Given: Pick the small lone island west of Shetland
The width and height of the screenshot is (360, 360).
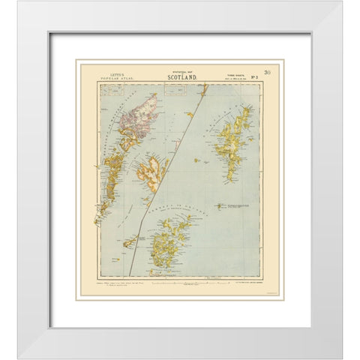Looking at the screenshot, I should pos(196,160).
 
